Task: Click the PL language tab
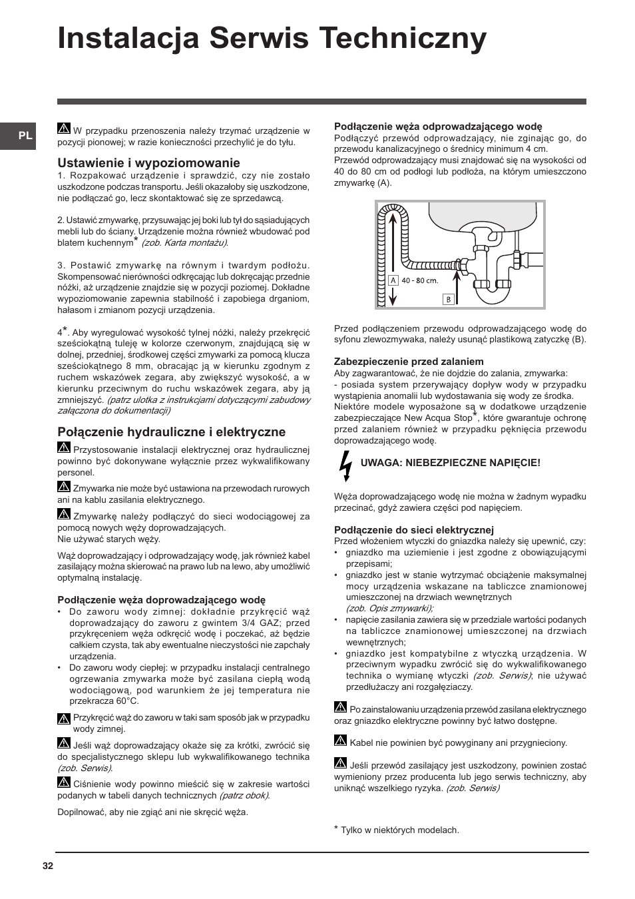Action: click(25, 136)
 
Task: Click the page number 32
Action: click(47, 866)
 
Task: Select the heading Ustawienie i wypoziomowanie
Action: click(148, 163)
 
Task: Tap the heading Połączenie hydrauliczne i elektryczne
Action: click(171, 432)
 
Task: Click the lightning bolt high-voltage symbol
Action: click(345, 465)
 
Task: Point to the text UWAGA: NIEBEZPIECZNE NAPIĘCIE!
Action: click(450, 463)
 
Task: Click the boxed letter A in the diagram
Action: click(393, 280)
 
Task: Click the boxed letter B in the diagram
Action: click(448, 299)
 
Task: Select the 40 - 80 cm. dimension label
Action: click(419, 280)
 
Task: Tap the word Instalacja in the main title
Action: click(128, 39)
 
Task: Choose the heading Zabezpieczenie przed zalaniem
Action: click(409, 362)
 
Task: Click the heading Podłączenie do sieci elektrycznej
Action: click(413, 530)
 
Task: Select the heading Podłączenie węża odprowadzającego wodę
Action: click(437, 127)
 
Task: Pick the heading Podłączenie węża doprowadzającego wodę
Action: click(161, 600)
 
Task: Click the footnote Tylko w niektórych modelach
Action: click(399, 830)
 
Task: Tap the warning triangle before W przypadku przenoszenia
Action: click(64, 129)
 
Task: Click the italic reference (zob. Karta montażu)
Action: click(184, 243)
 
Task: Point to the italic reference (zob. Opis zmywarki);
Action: click(389, 608)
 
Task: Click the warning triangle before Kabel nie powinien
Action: click(340, 741)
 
